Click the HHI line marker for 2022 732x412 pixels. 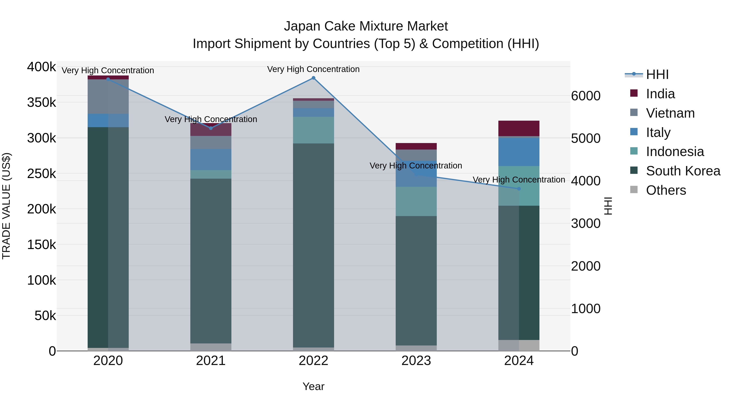pos(313,78)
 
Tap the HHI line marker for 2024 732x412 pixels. pos(519,189)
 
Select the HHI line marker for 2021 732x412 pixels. pos(211,128)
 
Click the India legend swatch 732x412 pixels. pos(634,93)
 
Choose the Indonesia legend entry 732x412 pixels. pos(675,152)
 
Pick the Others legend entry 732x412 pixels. pos(666,190)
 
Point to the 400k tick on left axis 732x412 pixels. pos(41,67)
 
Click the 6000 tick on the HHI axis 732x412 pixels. pos(586,96)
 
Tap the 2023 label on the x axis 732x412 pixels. pos(416,361)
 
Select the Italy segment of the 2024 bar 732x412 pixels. pos(519,152)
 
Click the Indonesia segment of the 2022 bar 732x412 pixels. pos(313,130)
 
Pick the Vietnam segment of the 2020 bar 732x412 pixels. pos(108,97)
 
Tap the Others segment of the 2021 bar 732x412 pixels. pos(211,347)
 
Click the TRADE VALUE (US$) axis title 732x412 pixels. pos(6,206)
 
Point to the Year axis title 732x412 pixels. pos(313,386)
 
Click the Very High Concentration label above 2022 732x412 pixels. pos(313,69)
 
